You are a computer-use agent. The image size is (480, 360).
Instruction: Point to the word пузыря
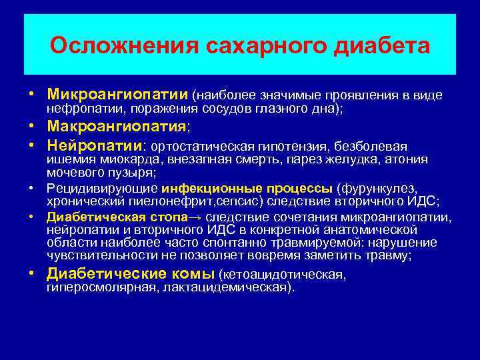[131, 172]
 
